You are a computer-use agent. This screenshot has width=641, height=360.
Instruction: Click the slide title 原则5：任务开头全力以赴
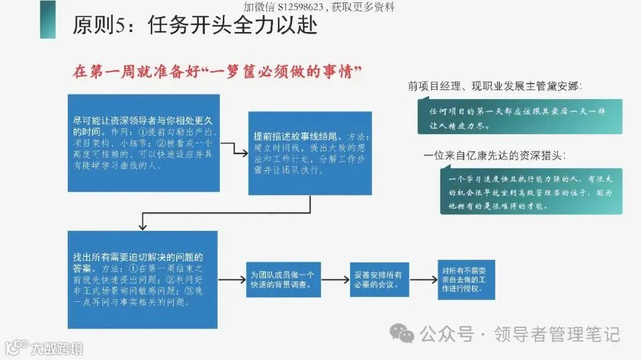point(195,26)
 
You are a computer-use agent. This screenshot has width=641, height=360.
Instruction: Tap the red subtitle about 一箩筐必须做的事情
point(217,72)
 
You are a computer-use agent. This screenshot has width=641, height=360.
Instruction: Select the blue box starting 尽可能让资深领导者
point(144,142)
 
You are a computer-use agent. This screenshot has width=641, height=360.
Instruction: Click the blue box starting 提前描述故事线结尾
point(310,153)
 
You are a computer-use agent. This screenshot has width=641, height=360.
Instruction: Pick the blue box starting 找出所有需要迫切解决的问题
point(142,279)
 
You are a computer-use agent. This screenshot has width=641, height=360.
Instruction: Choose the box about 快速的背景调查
point(284,279)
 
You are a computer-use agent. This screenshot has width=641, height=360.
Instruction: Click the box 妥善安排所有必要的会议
point(379,279)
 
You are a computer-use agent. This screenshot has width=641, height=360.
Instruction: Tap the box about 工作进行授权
point(466,279)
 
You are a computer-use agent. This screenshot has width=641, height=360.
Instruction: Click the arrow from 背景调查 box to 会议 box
point(335,279)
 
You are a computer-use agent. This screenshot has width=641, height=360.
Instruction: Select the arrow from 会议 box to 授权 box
point(423,279)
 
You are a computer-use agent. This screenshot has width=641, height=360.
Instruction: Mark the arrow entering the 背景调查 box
point(232,279)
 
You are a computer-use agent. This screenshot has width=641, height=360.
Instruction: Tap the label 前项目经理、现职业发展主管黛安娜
point(494,87)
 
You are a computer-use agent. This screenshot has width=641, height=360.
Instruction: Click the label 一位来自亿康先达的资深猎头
point(494,156)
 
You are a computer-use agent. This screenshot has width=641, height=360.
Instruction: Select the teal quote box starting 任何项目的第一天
point(519,117)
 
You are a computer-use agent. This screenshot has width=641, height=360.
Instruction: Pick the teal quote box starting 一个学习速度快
point(531,191)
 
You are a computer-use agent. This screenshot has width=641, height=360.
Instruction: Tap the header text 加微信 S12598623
point(319,7)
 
